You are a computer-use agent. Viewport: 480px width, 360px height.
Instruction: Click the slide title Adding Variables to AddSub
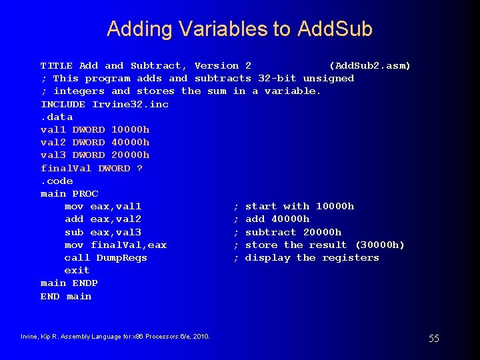(x=239, y=29)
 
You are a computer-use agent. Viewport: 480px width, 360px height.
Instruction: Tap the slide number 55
(x=433, y=339)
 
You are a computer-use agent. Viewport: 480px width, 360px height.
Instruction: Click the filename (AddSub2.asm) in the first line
(x=370, y=65)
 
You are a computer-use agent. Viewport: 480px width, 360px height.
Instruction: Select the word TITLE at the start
(x=57, y=65)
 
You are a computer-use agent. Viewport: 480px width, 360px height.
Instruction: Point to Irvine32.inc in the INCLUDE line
(x=131, y=104)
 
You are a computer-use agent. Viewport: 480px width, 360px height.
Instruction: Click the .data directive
(x=57, y=117)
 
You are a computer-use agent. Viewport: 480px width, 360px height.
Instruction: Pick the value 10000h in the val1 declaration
(x=131, y=129)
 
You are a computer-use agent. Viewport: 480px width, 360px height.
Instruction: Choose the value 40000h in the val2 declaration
(x=131, y=142)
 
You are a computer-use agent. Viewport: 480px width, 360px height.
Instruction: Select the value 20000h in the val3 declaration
(x=131, y=155)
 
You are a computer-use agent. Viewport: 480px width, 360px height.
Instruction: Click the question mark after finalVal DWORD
(x=139, y=168)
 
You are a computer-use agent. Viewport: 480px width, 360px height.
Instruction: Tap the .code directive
(x=57, y=181)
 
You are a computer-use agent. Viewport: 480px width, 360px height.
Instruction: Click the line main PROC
(x=69, y=193)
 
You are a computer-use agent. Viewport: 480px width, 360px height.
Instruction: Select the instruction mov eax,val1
(x=103, y=206)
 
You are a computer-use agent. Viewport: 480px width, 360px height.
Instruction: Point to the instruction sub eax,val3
(x=103, y=232)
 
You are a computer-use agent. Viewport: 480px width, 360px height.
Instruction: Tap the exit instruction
(x=77, y=270)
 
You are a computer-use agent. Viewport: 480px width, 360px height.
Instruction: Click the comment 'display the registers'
(x=312, y=257)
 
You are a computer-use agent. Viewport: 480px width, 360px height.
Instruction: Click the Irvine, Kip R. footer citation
(x=115, y=336)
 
